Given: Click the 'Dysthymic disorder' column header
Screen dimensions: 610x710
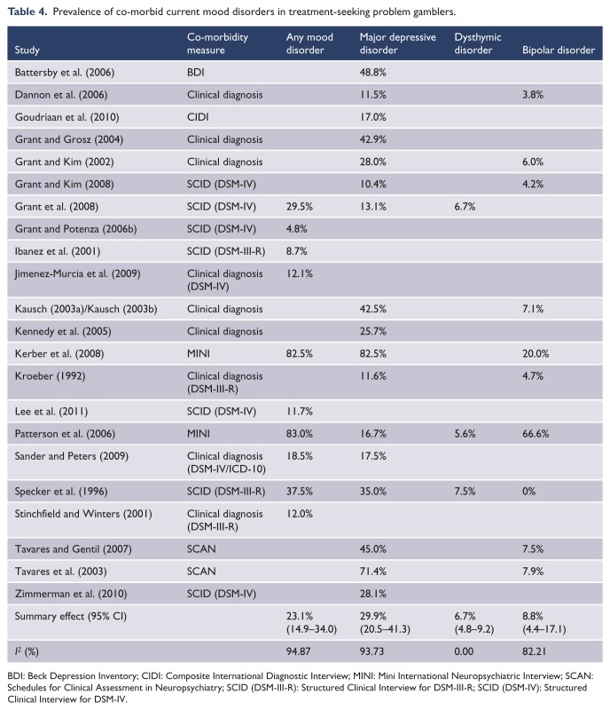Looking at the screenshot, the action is tap(477, 43).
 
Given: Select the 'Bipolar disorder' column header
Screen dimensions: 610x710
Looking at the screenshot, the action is tap(559, 50).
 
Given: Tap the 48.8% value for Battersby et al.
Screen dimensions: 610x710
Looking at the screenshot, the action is tap(373, 72).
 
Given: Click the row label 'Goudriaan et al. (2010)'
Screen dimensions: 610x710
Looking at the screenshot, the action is tap(67, 117).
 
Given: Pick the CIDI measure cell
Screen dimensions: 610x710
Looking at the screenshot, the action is tap(198, 117).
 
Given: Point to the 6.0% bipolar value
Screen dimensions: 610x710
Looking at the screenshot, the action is tap(533, 162).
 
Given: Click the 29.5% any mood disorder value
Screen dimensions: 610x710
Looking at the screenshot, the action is tap(299, 207).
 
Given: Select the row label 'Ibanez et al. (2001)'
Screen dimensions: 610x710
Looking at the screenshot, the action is tap(58, 251).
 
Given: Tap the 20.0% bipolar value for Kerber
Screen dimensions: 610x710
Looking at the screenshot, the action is tap(536, 353).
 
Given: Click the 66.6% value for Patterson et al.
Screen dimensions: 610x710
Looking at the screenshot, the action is tap(536, 434).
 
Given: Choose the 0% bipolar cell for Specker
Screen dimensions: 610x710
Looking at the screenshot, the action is tap(528, 492).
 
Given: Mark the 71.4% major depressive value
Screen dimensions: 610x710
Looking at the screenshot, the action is tap(373, 572).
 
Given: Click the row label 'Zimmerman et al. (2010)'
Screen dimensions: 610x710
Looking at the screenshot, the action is tap(71, 594).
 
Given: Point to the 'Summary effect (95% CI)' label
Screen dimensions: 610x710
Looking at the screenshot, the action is tap(71, 616).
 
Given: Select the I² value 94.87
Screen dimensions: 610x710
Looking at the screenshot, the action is tap(298, 651).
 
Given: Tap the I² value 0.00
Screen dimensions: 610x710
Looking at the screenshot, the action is tap(464, 651).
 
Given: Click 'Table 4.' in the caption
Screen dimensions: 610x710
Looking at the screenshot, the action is tap(27, 12).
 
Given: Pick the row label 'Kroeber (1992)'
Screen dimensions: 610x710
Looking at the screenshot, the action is tap(50, 375).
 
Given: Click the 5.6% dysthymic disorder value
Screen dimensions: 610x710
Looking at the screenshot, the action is tap(465, 434).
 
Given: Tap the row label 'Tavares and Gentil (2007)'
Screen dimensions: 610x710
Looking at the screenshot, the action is tap(74, 549).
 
